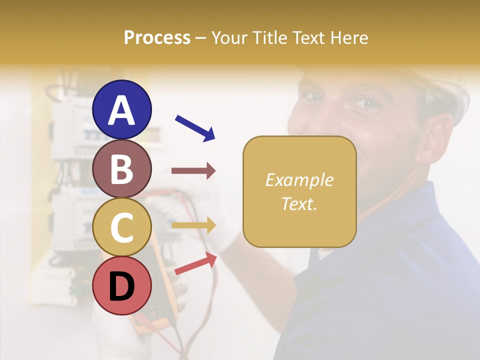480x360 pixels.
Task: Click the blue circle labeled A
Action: [122, 109]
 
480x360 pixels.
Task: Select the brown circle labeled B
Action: [122, 168]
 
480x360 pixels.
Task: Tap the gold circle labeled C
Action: [122, 227]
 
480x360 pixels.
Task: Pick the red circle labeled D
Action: [122, 286]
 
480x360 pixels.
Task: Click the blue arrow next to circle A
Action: [195, 127]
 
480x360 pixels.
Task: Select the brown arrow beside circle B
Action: [193, 171]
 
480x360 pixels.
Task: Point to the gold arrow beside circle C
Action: [193, 225]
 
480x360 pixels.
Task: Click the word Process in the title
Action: [157, 37]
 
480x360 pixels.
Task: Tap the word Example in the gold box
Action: [299, 180]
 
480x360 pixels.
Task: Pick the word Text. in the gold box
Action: [299, 203]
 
